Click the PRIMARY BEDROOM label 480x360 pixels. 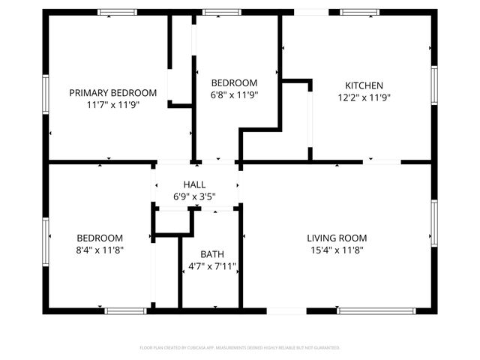tap(113, 93)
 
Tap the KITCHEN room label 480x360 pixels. tap(364, 85)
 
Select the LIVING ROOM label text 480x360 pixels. tap(337, 238)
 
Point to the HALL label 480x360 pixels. tap(195, 184)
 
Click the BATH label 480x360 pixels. tap(212, 254)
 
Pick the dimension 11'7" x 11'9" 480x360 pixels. tap(113, 105)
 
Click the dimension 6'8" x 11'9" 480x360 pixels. tap(234, 95)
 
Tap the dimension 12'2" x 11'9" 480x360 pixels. tap(364, 97)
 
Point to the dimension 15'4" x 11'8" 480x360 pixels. tap(337, 250)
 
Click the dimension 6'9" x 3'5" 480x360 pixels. tap(195, 196)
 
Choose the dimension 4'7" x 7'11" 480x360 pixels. tap(212, 266)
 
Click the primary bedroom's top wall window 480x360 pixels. tap(118, 13)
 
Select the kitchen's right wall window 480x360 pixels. tap(434, 87)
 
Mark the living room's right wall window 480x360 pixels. tap(434, 223)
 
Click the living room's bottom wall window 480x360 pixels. tap(376, 310)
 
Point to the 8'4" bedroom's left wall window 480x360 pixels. tap(46, 239)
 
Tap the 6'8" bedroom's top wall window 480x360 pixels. tap(222, 13)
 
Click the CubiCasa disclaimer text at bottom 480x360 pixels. tap(240, 348)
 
